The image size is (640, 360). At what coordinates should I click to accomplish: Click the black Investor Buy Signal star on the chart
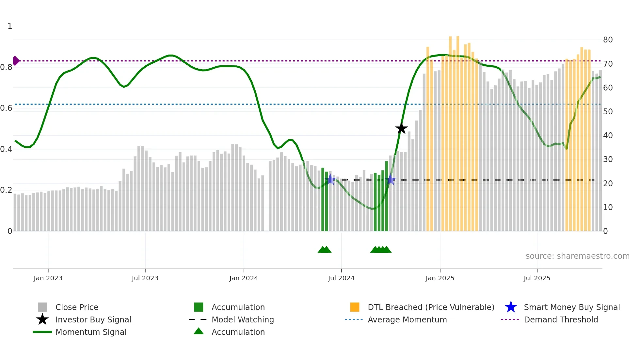401,128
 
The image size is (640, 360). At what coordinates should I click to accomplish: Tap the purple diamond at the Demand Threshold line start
16,61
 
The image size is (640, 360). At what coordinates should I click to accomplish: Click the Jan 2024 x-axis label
244,278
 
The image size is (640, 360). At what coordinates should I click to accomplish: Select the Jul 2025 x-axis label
537,278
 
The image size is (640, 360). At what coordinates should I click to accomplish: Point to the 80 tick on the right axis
608,40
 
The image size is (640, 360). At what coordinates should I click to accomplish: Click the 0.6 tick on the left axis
6,108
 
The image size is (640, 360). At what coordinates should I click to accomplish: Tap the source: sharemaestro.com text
577,256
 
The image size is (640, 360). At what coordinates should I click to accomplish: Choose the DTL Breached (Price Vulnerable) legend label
431,307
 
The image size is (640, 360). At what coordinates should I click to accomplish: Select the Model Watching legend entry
242,319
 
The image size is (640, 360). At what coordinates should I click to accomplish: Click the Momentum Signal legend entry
91,332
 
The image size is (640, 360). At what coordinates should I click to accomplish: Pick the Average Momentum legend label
407,319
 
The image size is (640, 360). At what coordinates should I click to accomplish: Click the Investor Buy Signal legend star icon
42,319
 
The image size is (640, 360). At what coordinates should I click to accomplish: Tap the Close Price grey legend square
42,307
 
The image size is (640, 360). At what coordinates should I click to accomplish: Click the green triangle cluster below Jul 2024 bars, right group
381,250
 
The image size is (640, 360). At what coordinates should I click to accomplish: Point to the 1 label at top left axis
10,26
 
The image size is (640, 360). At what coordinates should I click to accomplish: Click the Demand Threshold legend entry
561,319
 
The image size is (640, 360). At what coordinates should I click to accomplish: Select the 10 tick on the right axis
608,207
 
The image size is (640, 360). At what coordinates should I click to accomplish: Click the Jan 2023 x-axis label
48,278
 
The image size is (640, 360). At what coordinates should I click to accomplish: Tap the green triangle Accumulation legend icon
199,331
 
